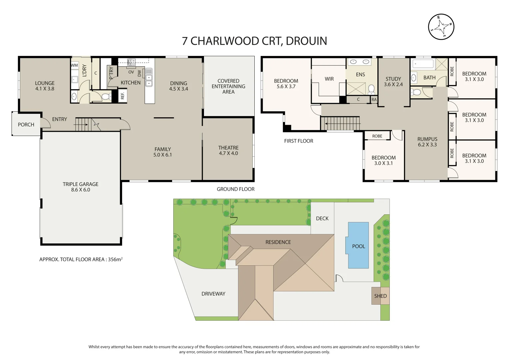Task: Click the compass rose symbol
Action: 441,27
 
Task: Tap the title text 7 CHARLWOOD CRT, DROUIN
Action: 254,41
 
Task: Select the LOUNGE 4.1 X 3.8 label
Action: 45,86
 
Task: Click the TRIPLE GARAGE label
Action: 80,187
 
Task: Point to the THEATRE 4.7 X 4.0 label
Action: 228,150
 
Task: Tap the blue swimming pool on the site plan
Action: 358,245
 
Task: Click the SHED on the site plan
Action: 380,296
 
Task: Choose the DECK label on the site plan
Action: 322,218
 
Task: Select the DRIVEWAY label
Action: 213,294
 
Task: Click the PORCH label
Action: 26,125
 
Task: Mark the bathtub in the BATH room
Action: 423,64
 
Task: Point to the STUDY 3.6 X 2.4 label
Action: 393,82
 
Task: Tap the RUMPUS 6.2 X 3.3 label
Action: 427,142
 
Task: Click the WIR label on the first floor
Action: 329,79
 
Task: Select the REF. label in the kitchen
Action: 122,96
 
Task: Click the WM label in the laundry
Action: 74,65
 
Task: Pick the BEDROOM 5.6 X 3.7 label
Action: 286,84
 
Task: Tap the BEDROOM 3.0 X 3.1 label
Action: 383,160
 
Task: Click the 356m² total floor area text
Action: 115,259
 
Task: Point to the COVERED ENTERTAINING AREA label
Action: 228,86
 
